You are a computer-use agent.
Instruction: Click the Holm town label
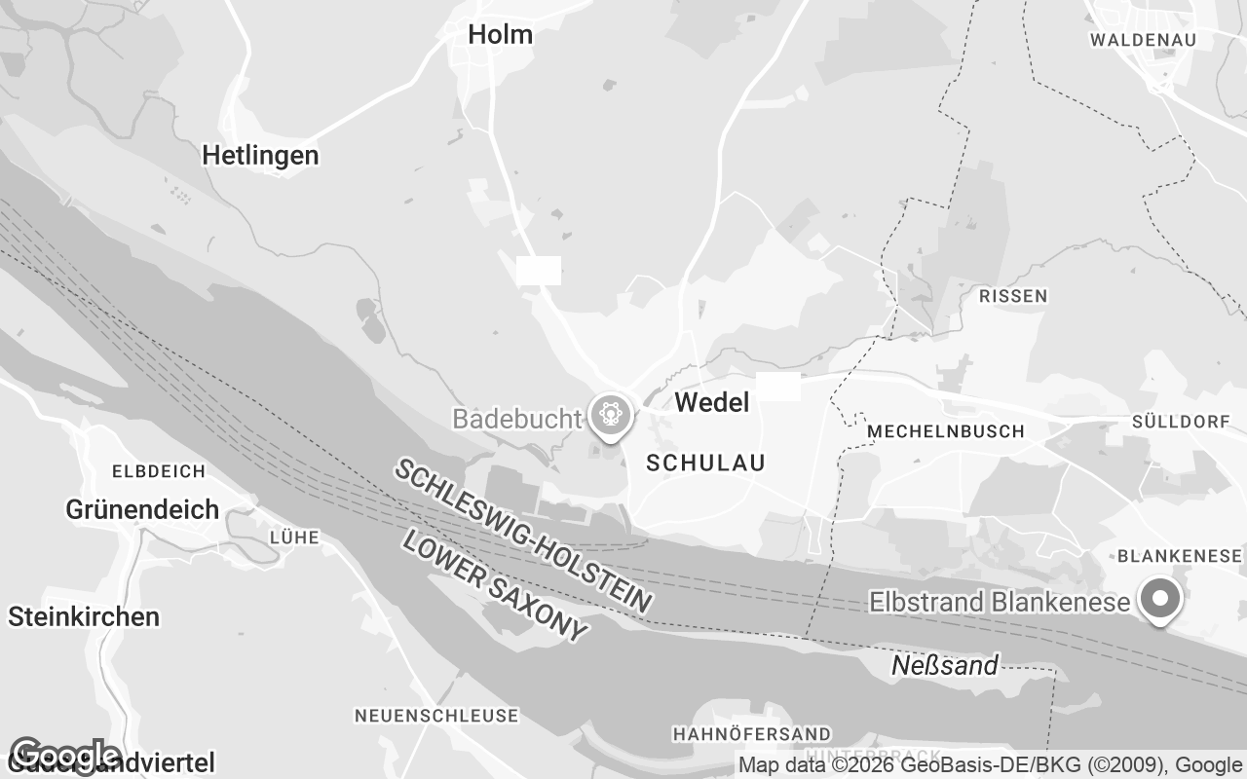click(x=500, y=35)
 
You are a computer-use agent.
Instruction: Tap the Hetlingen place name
click(x=260, y=155)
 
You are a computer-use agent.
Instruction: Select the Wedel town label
click(x=712, y=402)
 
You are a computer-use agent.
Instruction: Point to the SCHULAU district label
click(x=706, y=464)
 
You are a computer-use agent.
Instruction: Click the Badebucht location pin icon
click(x=611, y=416)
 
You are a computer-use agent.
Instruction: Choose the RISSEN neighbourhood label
click(x=1013, y=296)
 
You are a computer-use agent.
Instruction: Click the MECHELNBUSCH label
click(x=945, y=431)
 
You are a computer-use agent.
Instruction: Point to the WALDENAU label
click(x=1143, y=40)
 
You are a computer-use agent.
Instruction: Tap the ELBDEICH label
click(x=159, y=471)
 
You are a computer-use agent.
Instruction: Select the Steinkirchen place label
click(x=84, y=616)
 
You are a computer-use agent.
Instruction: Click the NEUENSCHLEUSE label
click(x=435, y=716)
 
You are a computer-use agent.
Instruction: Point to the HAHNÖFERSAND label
click(x=752, y=733)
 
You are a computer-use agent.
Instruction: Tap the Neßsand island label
click(x=945, y=666)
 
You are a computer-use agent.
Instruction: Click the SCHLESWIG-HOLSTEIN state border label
click(x=523, y=536)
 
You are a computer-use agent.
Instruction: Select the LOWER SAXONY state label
click(x=495, y=586)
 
